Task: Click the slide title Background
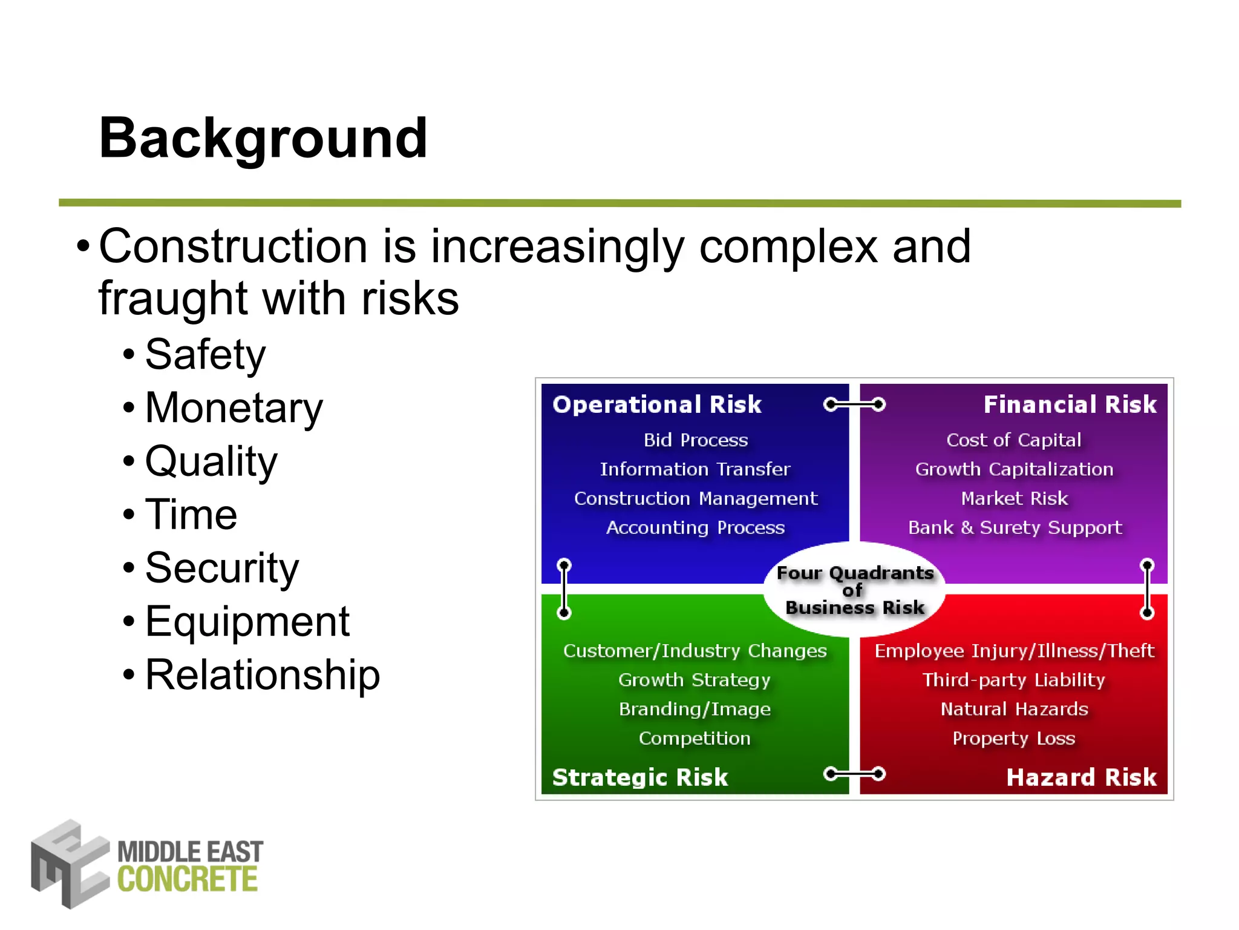tap(263, 139)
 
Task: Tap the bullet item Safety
tap(205, 354)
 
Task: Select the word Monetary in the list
tap(234, 407)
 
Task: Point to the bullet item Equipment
tap(247, 621)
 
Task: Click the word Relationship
tap(263, 674)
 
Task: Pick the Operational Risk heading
tap(657, 404)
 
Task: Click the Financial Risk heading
tap(1070, 404)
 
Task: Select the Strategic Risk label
tap(640, 777)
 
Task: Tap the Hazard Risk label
tap(1081, 777)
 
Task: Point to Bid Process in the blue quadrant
tap(696, 440)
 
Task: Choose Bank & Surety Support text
tap(1015, 527)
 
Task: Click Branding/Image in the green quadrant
tap(695, 709)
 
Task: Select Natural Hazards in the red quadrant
tap(1015, 709)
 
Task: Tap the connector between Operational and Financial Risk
tap(854, 404)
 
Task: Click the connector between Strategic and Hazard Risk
tap(854, 773)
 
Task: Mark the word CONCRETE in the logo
tap(188, 880)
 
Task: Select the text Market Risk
tap(1015, 498)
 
